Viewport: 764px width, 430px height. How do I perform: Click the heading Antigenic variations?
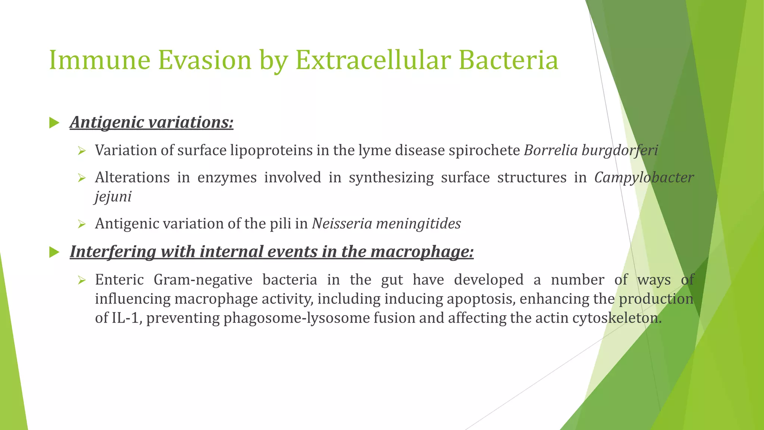point(151,122)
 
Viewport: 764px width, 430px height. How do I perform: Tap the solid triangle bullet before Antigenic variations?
point(54,122)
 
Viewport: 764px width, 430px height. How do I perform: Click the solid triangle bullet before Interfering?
point(54,252)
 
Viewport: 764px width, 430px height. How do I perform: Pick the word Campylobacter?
point(644,178)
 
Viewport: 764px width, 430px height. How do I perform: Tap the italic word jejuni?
point(113,197)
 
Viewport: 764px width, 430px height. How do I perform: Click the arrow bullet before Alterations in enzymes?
point(82,178)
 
